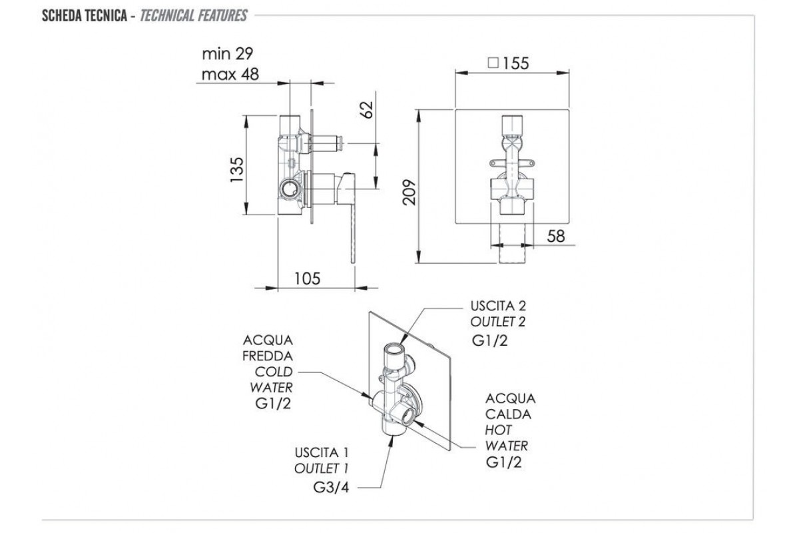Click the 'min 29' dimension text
coord(228,54)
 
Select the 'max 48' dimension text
coord(230,74)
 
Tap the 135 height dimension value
coord(236,170)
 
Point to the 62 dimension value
coord(366,110)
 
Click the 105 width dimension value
coord(307,278)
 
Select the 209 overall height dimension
coord(409,193)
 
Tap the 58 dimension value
coord(556,236)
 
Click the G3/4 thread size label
coord(331,487)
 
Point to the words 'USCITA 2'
coord(498,306)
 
